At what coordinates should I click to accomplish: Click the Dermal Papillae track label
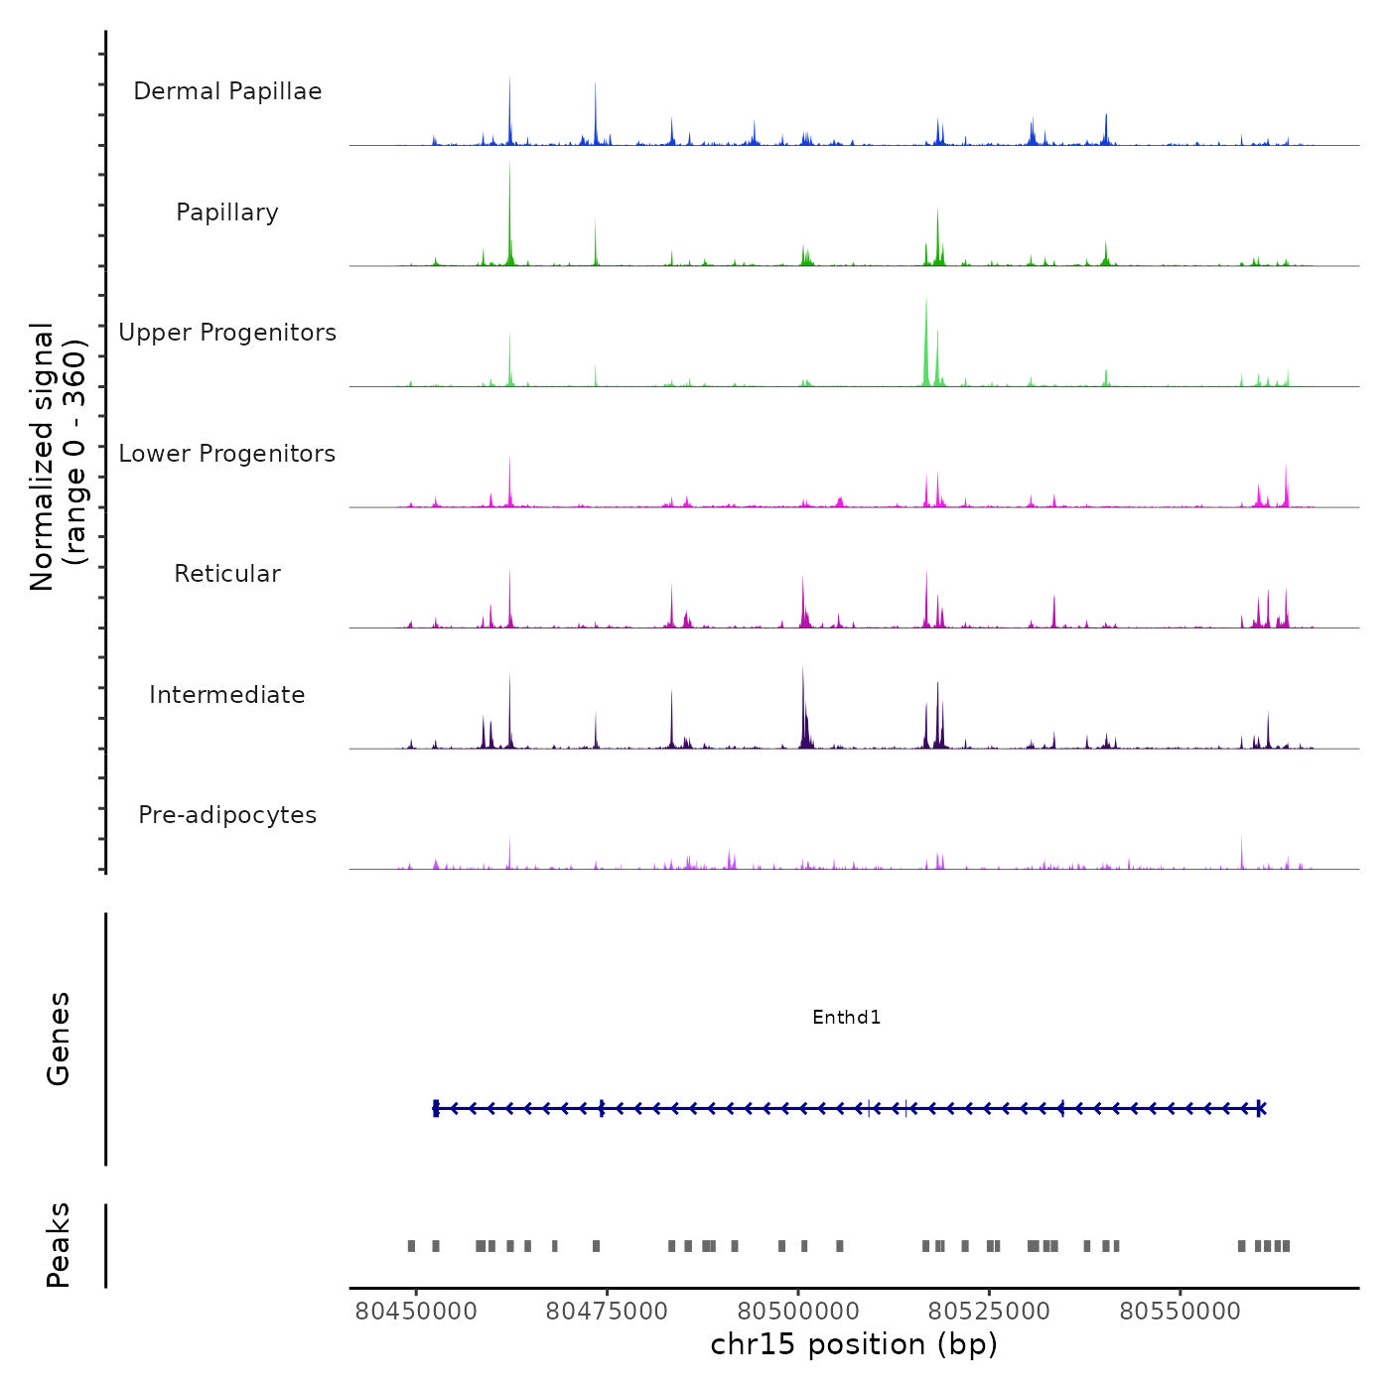click(227, 91)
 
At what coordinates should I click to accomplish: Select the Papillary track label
click(227, 212)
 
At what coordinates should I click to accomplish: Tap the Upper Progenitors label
click(227, 333)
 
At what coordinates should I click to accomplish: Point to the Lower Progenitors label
click(227, 454)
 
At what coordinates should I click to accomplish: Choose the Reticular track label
click(227, 574)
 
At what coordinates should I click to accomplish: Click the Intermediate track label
click(227, 695)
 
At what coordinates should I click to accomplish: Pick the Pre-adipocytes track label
click(227, 815)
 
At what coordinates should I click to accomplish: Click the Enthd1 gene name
click(846, 1018)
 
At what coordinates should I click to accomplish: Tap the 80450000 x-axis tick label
click(416, 1312)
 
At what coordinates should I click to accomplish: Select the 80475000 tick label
click(607, 1312)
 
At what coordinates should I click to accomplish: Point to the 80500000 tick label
click(798, 1312)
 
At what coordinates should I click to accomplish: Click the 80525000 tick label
click(989, 1312)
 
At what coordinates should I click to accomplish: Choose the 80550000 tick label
click(1180, 1312)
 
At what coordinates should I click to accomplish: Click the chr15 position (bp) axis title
click(854, 1344)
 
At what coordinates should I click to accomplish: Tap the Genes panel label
click(59, 1039)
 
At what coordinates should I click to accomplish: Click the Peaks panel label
click(59, 1245)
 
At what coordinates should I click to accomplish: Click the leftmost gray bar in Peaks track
click(411, 1246)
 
